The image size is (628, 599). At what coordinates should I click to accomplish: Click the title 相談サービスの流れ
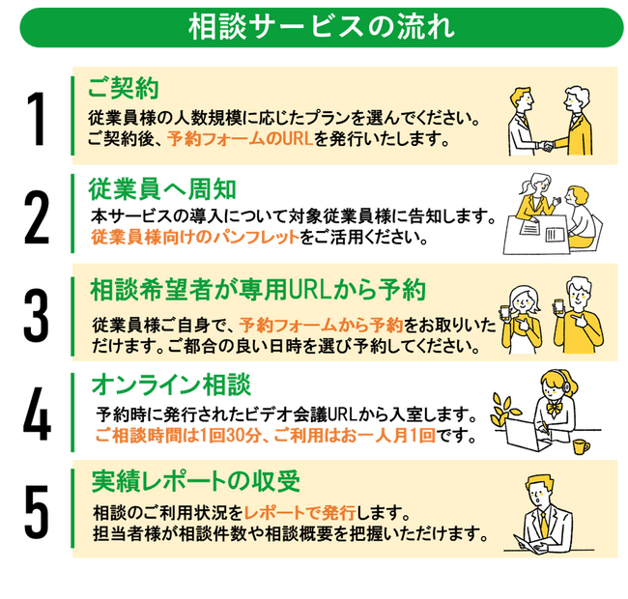322,27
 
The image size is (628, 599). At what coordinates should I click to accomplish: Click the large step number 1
36,119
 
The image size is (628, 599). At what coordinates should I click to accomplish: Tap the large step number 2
37,217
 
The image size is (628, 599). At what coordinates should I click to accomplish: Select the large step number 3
36,315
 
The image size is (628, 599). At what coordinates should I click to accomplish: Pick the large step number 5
37,511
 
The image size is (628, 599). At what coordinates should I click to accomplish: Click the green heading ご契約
123,88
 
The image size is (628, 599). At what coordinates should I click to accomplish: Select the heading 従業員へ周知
162,189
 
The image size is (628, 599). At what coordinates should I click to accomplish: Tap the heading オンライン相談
171,385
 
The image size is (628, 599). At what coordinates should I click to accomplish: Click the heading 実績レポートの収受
196,481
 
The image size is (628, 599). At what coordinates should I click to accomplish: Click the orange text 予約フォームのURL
240,138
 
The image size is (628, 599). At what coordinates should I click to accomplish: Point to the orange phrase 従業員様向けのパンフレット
195,237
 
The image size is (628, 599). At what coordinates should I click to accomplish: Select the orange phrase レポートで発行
300,512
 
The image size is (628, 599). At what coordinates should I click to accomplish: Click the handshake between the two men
546,146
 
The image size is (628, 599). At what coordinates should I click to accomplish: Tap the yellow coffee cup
581,446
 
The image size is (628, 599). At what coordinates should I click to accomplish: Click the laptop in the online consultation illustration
526,436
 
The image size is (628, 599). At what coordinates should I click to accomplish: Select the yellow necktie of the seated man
544,524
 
